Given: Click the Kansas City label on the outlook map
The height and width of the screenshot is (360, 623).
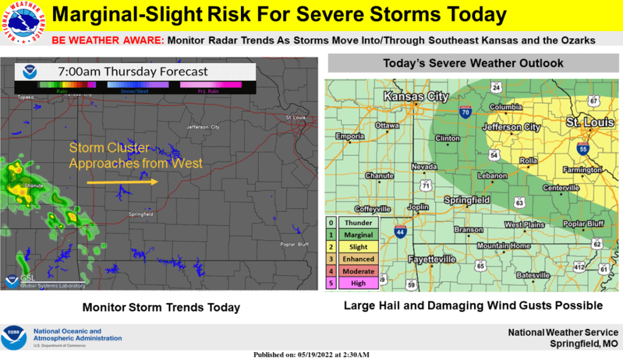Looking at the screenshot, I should pyautogui.click(x=416, y=97).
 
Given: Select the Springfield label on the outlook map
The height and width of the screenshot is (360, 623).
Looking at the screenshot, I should pyautogui.click(x=467, y=199).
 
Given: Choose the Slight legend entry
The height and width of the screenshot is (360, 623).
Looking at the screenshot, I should pyautogui.click(x=358, y=247).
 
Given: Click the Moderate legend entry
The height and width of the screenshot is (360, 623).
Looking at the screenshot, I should pyautogui.click(x=358, y=271).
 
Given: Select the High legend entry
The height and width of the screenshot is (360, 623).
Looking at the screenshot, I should pyautogui.click(x=358, y=283).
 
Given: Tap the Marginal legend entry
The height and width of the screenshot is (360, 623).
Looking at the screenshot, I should pyautogui.click(x=358, y=235).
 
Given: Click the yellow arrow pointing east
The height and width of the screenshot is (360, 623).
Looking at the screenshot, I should pyautogui.click(x=122, y=181).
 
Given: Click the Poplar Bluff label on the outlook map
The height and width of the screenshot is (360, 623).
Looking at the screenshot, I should pyautogui.click(x=583, y=224).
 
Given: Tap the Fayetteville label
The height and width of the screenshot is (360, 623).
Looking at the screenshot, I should pyautogui.click(x=432, y=259).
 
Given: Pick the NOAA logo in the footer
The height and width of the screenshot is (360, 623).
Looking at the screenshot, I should pyautogui.click(x=14, y=337).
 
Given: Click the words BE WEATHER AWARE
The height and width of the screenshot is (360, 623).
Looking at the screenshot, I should pyautogui.click(x=108, y=41).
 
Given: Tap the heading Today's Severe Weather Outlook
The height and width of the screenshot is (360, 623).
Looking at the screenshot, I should pyautogui.click(x=473, y=63).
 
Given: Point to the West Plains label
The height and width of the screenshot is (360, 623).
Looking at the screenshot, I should pyautogui.click(x=523, y=225).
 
